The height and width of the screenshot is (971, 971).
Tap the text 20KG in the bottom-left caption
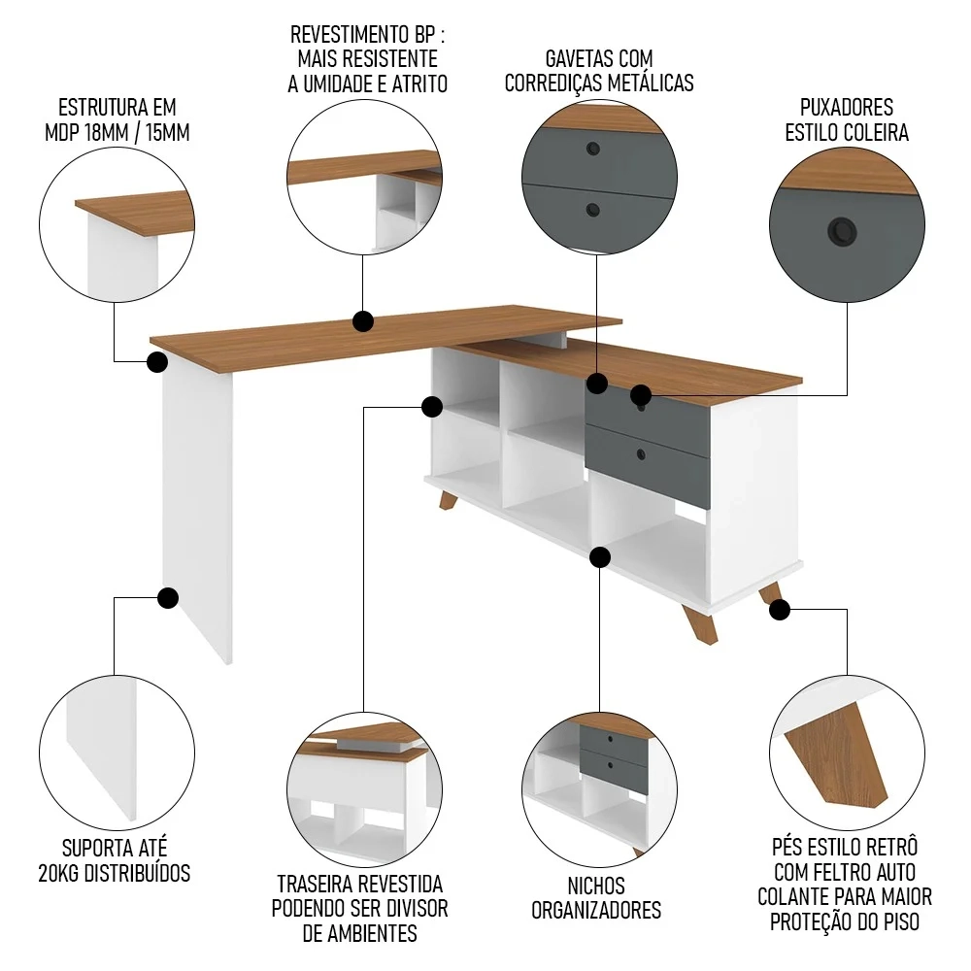pyautogui.click(x=57, y=873)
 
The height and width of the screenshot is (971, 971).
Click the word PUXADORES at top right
pyautogui.click(x=847, y=108)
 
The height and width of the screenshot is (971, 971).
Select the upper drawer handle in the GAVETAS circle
pyautogui.click(x=592, y=149)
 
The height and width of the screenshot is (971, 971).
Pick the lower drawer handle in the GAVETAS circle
pyautogui.click(x=592, y=210)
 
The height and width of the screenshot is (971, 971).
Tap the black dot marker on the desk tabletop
pyautogui.click(x=363, y=321)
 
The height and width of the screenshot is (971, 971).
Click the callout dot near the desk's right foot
pyautogui.click(x=780, y=610)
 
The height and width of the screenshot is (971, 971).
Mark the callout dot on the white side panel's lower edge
pyautogui.click(x=168, y=597)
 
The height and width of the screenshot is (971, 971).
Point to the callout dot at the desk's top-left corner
pyautogui.click(x=157, y=362)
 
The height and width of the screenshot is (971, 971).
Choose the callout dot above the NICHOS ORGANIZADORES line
pyautogui.click(x=599, y=557)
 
